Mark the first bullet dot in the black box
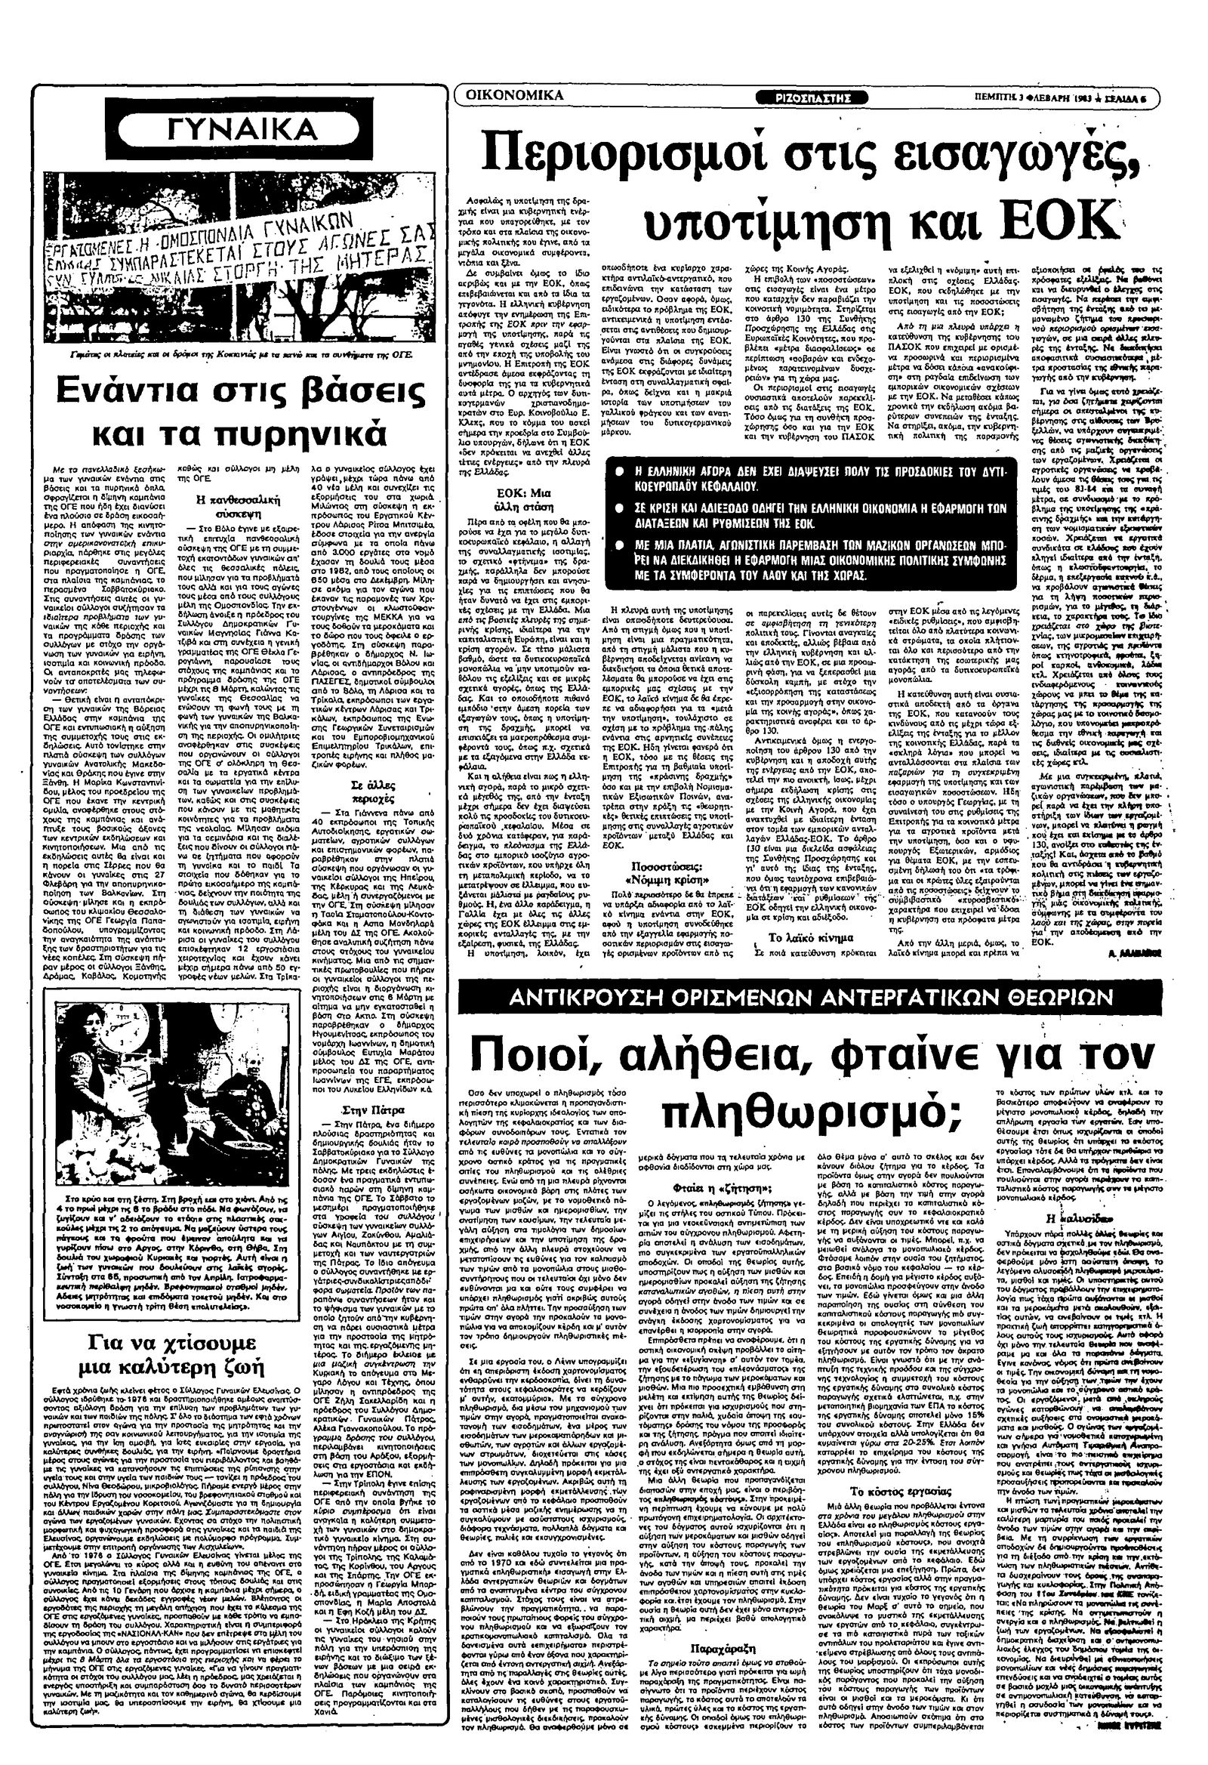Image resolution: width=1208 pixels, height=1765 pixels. (x=621, y=471)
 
